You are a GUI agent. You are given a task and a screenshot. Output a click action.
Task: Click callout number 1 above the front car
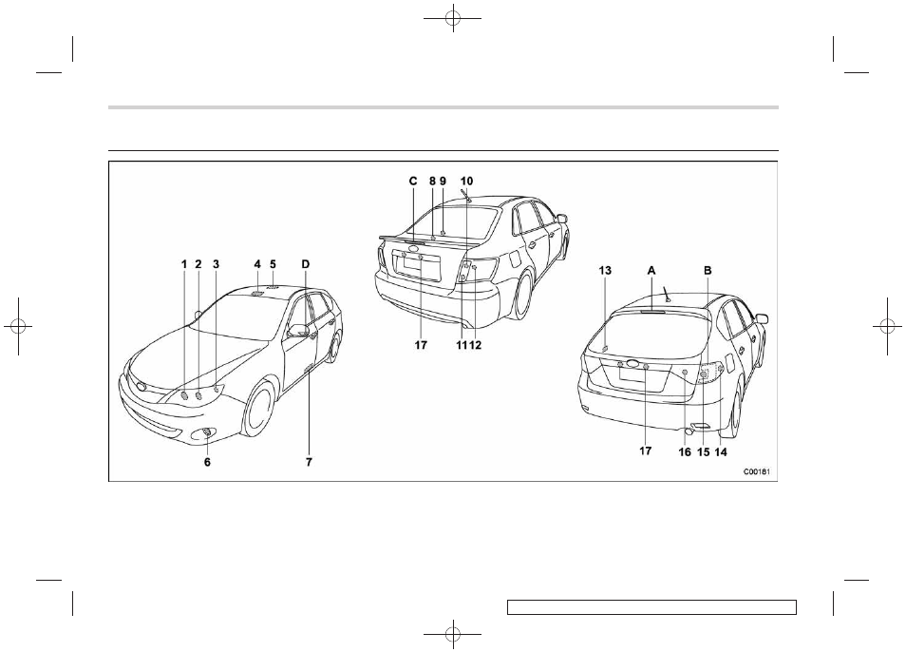pos(184,265)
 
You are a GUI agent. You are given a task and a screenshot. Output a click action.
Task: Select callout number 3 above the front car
pos(217,265)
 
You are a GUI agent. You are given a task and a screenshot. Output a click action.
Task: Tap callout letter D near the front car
pos(306,265)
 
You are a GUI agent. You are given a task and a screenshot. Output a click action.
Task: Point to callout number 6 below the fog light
pos(207,462)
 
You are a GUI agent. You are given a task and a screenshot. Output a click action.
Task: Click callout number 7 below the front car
pos(310,462)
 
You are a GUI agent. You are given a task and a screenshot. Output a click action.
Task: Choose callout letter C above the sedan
pos(413,181)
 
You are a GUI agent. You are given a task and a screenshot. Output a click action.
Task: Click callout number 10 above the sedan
pos(467,181)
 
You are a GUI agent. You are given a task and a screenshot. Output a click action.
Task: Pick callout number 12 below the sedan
pos(476,345)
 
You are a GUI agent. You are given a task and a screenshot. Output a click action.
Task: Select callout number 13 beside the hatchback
pos(605,271)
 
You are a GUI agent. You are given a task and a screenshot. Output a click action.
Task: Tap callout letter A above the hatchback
pos(651,271)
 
